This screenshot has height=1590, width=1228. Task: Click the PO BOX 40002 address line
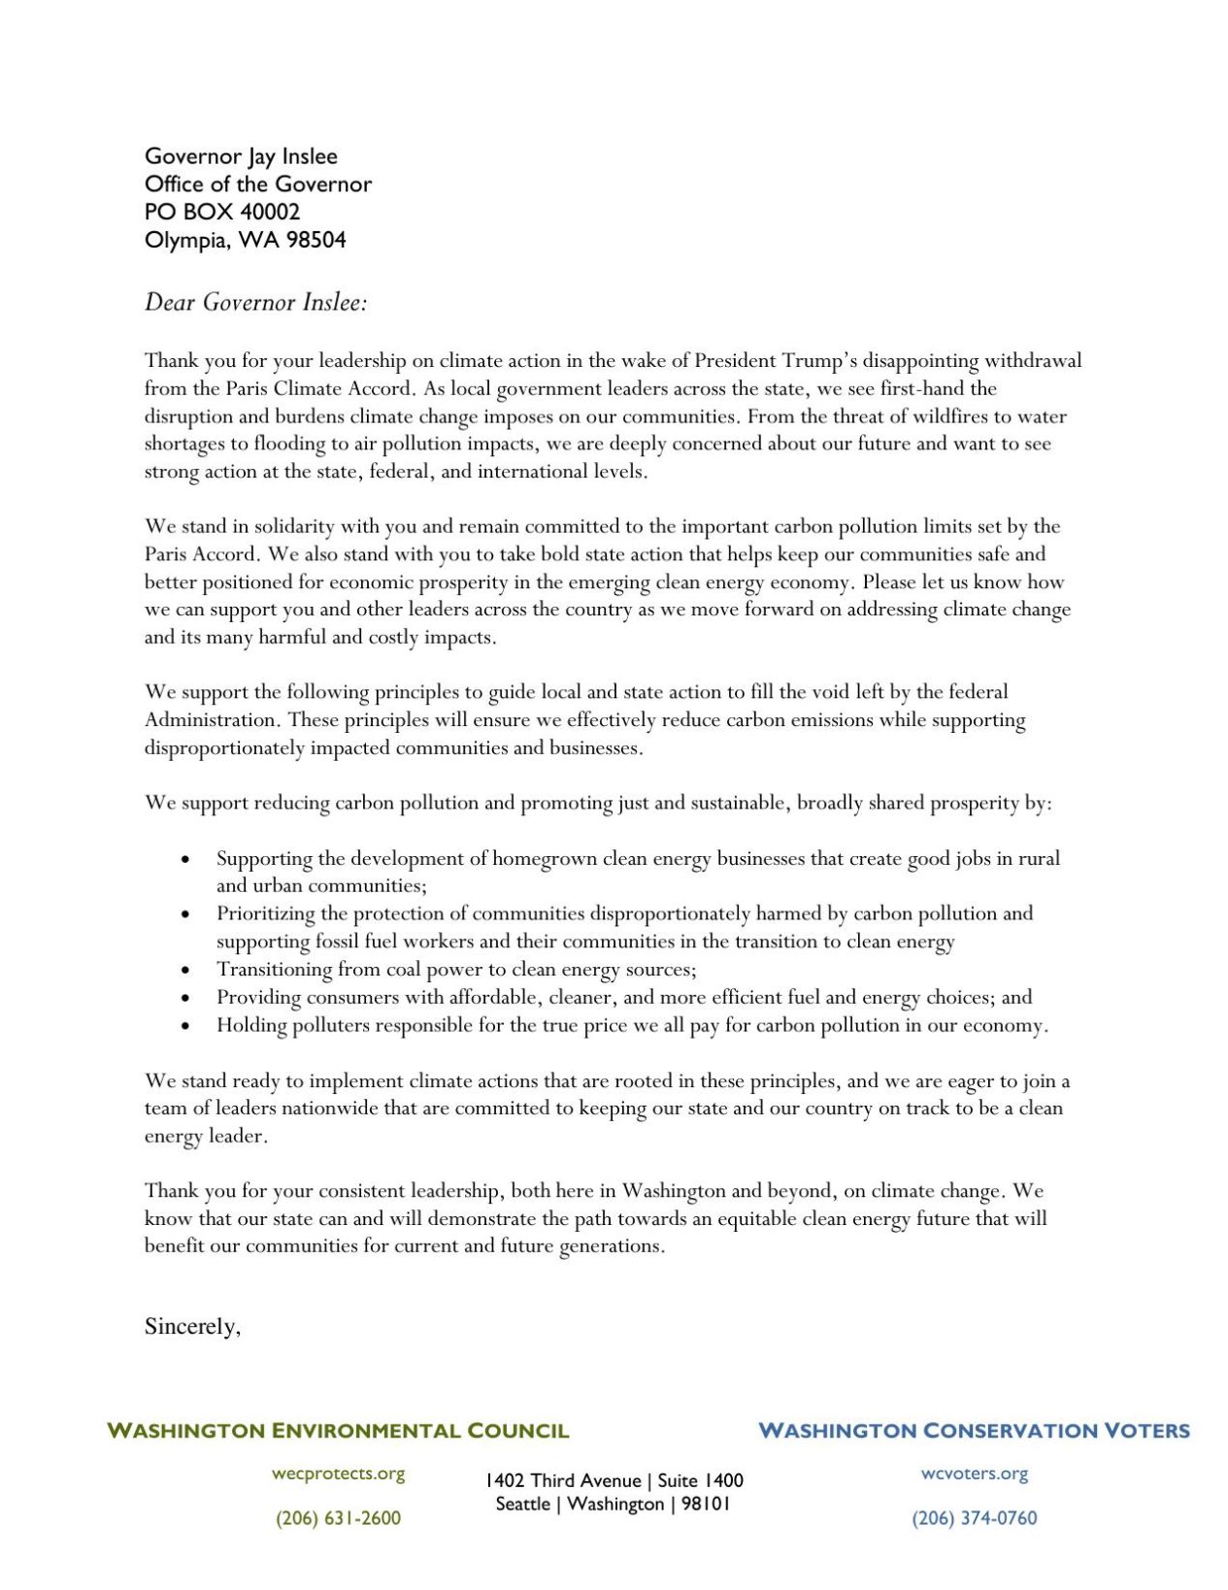[222, 212]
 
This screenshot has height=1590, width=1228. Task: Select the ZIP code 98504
[315, 240]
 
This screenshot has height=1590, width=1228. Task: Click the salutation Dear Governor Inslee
[256, 302]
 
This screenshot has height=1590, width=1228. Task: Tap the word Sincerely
[191, 1326]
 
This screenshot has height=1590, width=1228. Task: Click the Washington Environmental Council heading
[338, 1430]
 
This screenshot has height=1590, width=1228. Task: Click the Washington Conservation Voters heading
[973, 1430]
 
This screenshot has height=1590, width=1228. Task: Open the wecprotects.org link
[338, 1474]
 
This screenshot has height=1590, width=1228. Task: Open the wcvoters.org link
[974, 1474]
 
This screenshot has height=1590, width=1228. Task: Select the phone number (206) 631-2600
[338, 1518]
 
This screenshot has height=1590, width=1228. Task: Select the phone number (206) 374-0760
[974, 1518]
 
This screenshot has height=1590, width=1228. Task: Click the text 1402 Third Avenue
[562, 1480]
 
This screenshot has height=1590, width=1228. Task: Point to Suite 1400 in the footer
[700, 1480]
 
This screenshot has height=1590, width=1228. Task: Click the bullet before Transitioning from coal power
[185, 970]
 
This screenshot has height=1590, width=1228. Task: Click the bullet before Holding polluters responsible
[185, 1026]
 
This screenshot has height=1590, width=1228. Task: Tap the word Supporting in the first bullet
[264, 858]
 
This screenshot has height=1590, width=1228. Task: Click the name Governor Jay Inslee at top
[241, 156]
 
